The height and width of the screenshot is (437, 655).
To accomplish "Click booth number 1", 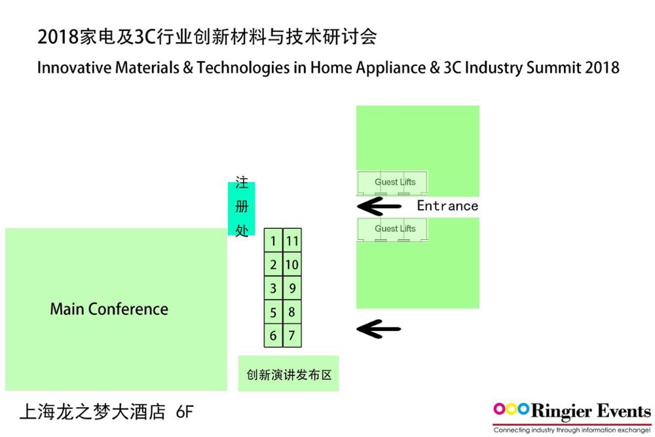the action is pyautogui.click(x=273, y=240).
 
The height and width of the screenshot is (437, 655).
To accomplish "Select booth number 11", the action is pyautogui.click(x=292, y=240).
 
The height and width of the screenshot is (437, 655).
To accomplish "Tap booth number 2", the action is pyautogui.click(x=273, y=264).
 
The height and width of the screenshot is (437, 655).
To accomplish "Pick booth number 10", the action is pyautogui.click(x=292, y=264).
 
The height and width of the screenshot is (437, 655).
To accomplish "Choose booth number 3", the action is pyautogui.click(x=273, y=288).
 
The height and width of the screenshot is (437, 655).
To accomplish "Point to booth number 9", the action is pyautogui.click(x=292, y=288).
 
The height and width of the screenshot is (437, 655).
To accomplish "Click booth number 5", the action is pyautogui.click(x=273, y=312).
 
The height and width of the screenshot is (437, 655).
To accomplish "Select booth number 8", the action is pyautogui.click(x=292, y=312).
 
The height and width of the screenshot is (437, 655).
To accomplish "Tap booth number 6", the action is pyautogui.click(x=273, y=335).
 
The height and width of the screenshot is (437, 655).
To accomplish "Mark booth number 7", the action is pyautogui.click(x=292, y=335).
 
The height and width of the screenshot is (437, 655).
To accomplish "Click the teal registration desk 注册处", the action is pyautogui.click(x=242, y=208).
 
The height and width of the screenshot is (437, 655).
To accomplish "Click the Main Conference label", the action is pyautogui.click(x=109, y=309).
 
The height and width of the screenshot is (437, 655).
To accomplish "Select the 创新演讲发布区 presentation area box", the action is pyautogui.click(x=288, y=373).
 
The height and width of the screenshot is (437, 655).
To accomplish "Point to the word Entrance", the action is pyautogui.click(x=447, y=206).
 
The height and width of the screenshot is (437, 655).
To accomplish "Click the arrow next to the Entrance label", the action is pyautogui.click(x=379, y=206).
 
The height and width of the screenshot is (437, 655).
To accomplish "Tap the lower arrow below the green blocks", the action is pyautogui.click(x=379, y=329).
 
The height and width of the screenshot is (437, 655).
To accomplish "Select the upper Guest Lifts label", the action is pyautogui.click(x=395, y=181).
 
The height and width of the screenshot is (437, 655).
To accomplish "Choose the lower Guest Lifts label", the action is pyautogui.click(x=395, y=229).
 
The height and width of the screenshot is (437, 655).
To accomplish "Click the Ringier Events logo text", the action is pyautogui.click(x=591, y=411).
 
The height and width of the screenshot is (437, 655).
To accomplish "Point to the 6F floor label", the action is pyautogui.click(x=185, y=412).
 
